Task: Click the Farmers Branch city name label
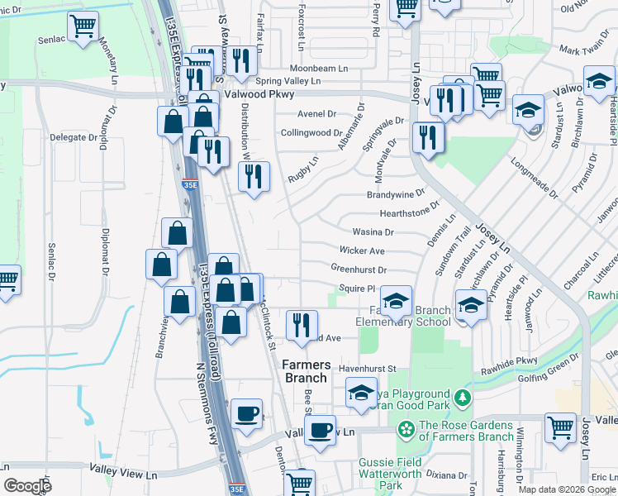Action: [307, 371]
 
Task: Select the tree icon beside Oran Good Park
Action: [464, 398]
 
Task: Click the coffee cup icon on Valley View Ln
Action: [320, 429]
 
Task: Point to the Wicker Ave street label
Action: [362, 250]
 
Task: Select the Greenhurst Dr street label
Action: [359, 269]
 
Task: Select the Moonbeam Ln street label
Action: [316, 68]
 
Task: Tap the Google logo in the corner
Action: [27, 486]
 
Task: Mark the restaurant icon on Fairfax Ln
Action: [240, 60]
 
